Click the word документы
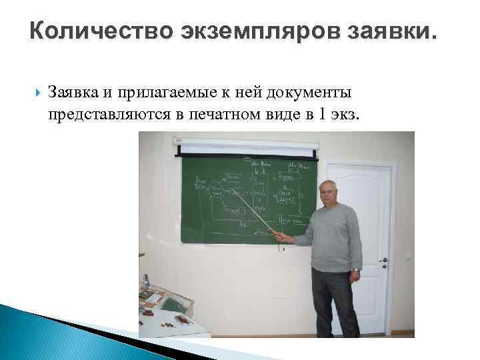tap(315, 92)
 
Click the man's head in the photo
tap(331, 192)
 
